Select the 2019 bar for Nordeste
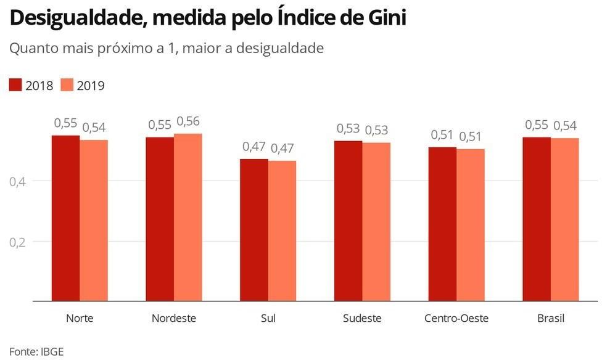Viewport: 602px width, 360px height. coord(188,217)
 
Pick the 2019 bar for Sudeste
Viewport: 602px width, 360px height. coord(376,221)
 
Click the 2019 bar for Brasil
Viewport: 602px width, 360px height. coord(565,219)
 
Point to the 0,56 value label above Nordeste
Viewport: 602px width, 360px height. coord(188,121)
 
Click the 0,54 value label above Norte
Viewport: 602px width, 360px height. coord(94,128)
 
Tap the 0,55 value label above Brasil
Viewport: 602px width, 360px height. coord(537,125)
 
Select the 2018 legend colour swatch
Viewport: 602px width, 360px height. coord(15,85)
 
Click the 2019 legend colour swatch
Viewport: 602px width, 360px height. coord(67,85)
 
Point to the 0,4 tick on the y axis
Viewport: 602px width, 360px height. coord(17,182)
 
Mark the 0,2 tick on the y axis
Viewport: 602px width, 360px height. coord(17,242)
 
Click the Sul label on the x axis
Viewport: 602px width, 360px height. coord(268,319)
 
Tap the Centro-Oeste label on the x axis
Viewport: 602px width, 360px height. coord(456,319)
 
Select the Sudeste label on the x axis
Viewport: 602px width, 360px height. coord(362,319)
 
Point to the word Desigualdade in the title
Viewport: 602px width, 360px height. coord(75,18)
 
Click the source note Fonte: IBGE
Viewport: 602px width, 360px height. coord(36,352)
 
